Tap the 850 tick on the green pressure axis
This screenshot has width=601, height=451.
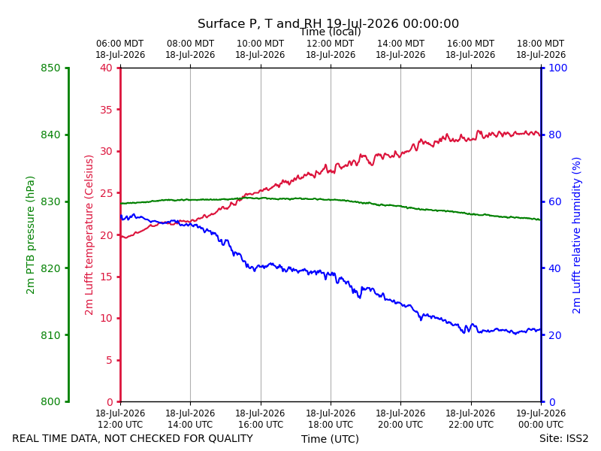coord(50,68)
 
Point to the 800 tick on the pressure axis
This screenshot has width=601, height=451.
coord(50,401)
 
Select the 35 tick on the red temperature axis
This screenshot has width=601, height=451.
coord(106,110)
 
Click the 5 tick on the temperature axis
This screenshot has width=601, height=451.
coord(110,360)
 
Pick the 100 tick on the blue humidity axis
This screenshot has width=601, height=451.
coord(558,68)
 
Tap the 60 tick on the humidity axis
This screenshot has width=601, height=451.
coord(555,201)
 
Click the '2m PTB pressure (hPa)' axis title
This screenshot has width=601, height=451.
coord(30,235)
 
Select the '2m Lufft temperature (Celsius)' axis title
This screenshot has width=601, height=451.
coord(89,235)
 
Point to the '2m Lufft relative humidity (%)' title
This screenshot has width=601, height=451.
coord(576,235)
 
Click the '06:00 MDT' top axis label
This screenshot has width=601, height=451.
coord(120,44)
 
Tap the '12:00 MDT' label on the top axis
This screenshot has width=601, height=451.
coord(331,44)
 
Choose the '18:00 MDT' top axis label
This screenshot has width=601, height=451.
coord(541,44)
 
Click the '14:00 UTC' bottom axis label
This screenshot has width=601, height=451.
coord(190,425)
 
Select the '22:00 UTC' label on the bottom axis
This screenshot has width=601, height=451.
coord(471,425)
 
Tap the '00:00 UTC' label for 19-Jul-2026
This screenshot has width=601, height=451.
coord(541,425)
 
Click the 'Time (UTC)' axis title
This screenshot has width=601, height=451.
coord(330,439)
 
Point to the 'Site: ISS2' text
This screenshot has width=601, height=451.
coord(564,438)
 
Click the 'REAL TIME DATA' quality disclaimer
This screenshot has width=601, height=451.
coord(133,438)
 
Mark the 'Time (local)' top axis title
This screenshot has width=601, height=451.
coord(331,32)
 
